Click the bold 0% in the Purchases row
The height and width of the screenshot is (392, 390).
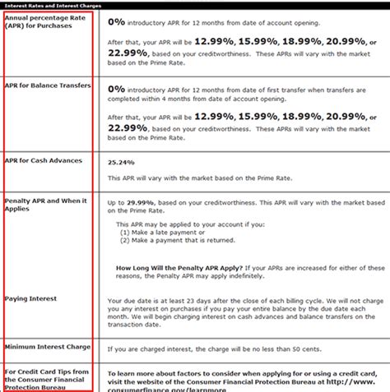click(117, 22)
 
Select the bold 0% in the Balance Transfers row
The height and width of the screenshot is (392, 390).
click(117, 88)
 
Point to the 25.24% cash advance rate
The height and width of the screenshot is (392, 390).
click(121, 162)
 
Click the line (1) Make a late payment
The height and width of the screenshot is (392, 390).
click(161, 232)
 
